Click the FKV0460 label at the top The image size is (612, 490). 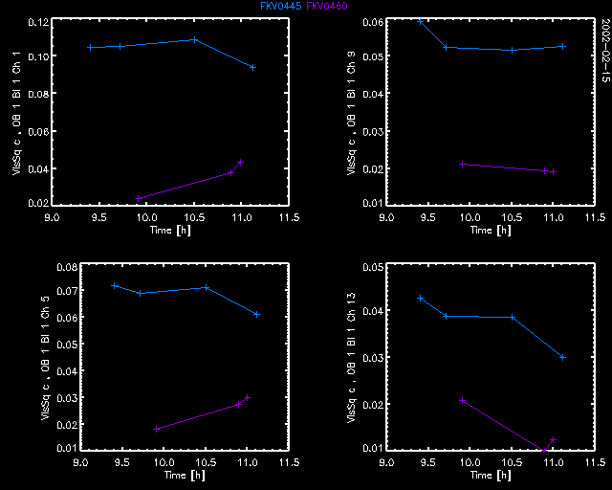click(327, 6)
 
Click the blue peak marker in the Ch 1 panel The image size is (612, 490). click(195, 39)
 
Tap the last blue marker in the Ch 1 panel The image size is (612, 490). click(252, 67)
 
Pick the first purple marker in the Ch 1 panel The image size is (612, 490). click(140, 198)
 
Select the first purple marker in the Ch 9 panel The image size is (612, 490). click(462, 164)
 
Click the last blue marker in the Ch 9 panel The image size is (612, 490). click(563, 46)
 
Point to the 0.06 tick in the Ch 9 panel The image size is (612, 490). click(371, 21)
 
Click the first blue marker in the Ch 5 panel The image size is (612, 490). click(114, 285)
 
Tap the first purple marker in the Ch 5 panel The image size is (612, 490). click(156, 429)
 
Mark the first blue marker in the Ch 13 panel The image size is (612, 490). click(420, 298)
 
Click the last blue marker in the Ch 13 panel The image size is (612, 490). click(563, 357)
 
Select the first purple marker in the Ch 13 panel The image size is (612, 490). click(463, 400)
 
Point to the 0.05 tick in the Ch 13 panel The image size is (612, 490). click(371, 266)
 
